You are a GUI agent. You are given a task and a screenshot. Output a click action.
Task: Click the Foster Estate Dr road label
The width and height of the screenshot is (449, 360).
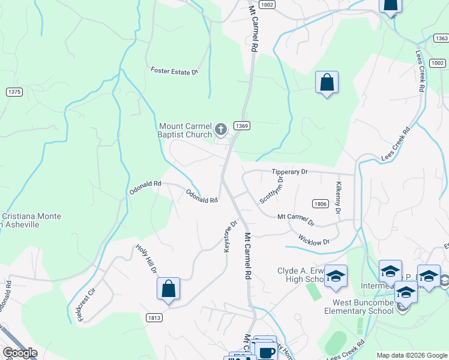point(174,71)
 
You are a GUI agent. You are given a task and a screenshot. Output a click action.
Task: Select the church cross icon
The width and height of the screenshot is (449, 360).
point(221,128)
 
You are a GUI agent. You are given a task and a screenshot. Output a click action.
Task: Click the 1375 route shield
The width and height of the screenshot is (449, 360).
point(14,92)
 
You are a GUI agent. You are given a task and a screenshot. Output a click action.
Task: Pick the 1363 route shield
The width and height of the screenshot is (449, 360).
point(441,38)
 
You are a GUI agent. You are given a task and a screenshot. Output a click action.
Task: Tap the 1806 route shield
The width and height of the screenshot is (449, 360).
point(320,204)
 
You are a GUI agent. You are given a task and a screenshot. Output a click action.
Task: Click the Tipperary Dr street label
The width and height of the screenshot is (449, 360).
point(289,172)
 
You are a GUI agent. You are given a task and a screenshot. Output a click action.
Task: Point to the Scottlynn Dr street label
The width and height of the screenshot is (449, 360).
point(271,189)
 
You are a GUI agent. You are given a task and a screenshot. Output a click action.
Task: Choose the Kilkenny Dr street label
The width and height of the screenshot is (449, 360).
point(339,199)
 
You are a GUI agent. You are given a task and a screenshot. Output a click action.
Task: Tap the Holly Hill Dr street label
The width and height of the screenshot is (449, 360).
point(146,259)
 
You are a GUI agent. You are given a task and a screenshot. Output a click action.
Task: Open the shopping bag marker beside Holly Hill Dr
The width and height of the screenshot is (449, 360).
point(169,289)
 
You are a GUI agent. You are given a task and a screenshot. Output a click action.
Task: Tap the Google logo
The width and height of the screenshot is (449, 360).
point(19,353)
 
